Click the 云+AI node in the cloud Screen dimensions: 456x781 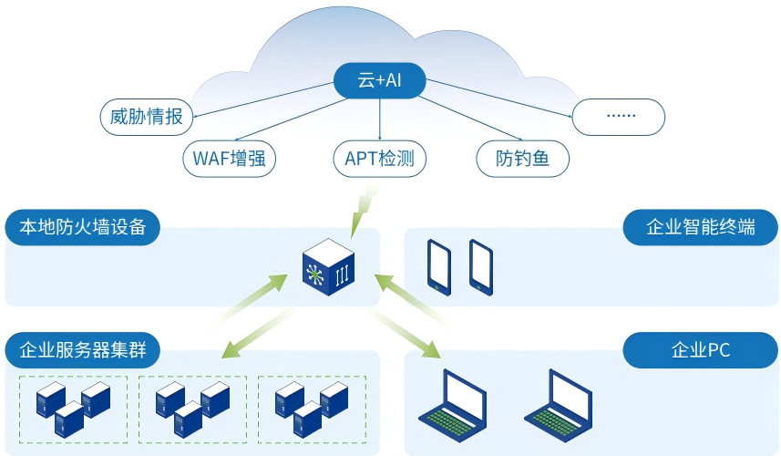(379, 81)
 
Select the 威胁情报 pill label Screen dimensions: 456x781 (146, 117)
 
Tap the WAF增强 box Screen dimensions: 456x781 (229, 159)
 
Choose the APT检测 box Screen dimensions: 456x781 (379, 159)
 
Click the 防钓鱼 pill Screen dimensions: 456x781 (523, 159)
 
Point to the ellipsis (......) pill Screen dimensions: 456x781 (619, 117)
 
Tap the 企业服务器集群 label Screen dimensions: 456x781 (83, 348)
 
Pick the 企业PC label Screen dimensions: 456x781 (700, 348)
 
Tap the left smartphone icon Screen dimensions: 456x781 (438, 266)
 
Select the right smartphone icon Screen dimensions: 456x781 (480, 266)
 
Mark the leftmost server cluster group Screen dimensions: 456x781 (73, 409)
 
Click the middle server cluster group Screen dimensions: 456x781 (191, 409)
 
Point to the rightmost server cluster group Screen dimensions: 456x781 (312, 409)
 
